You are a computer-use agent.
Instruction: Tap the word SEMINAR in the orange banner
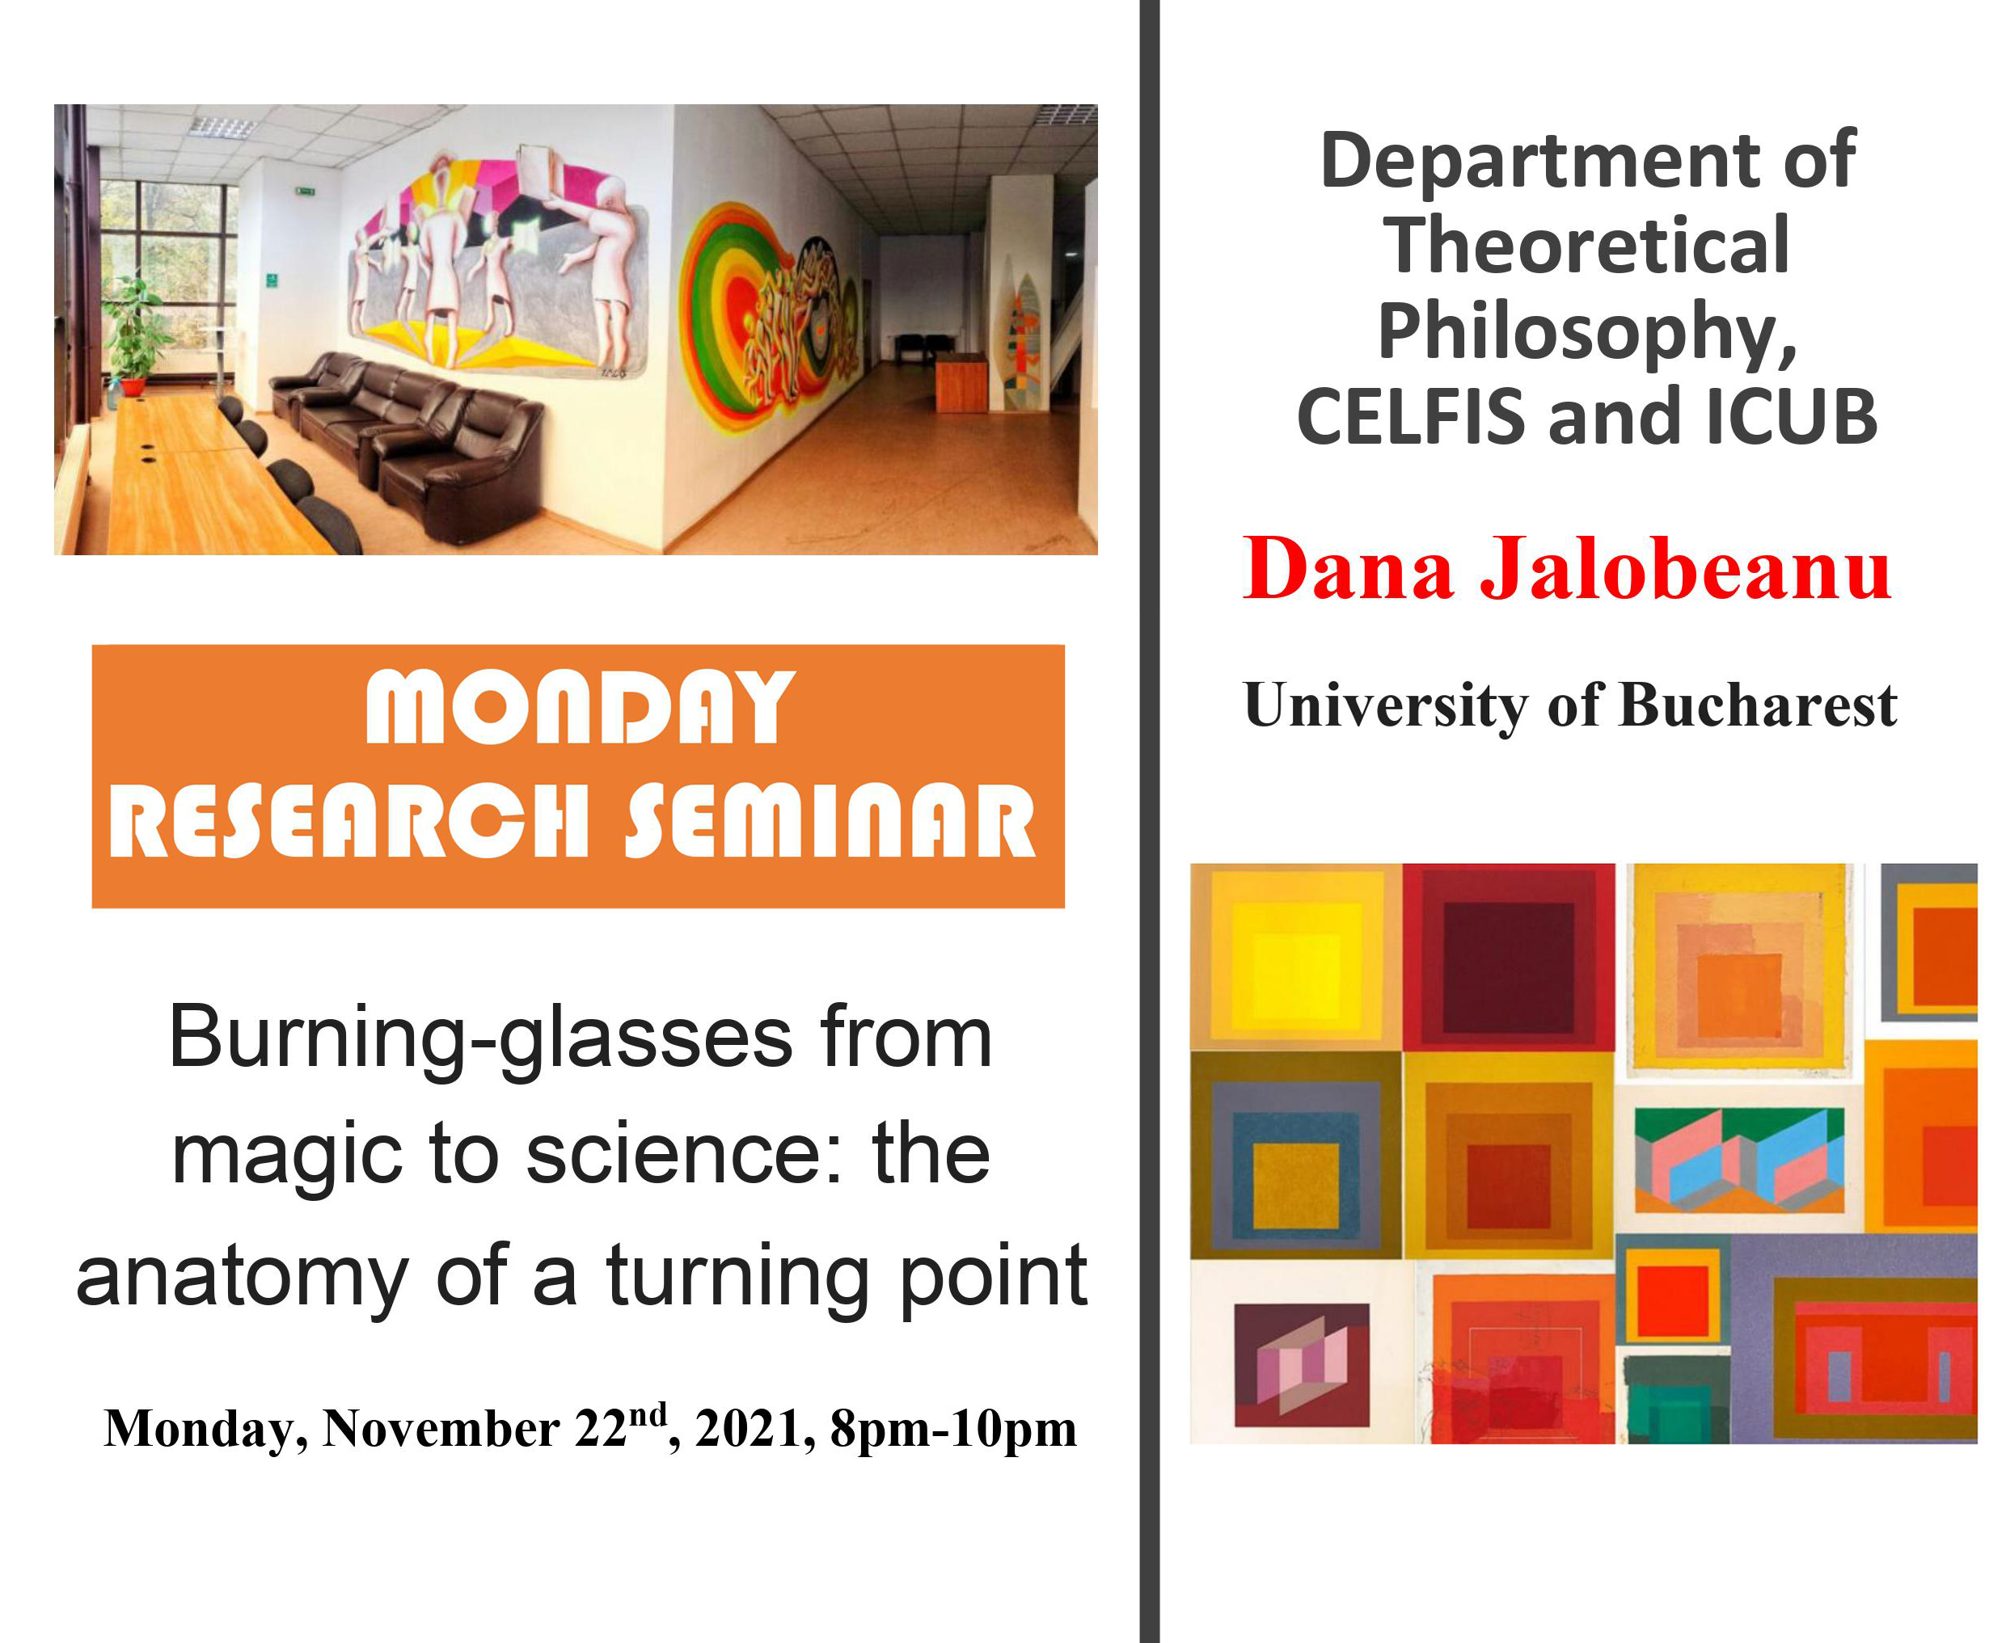pos(831,820)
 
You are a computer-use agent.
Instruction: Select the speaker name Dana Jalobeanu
pos(1567,568)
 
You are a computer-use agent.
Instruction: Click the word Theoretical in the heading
pos(1587,245)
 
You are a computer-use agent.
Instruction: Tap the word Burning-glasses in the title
pos(481,1039)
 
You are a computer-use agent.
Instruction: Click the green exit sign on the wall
pos(305,192)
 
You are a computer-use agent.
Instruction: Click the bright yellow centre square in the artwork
pos(1296,975)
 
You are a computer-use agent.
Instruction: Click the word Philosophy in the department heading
pos(1587,332)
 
